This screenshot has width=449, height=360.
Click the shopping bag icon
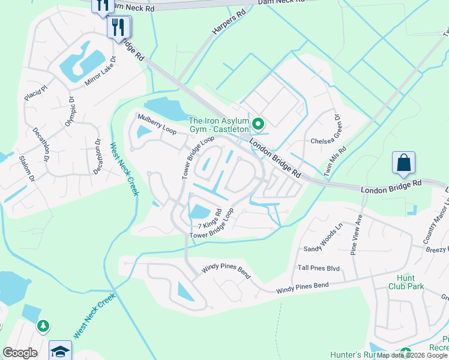tap(403, 163)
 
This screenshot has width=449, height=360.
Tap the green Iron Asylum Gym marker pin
tap(259, 124)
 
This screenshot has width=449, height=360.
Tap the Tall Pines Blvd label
tap(319, 268)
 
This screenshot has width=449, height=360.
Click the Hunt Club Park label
tap(410, 282)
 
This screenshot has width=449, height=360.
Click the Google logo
tap(20, 353)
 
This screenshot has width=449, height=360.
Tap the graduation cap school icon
tap(60, 351)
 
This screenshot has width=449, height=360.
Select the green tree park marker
tap(43, 326)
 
